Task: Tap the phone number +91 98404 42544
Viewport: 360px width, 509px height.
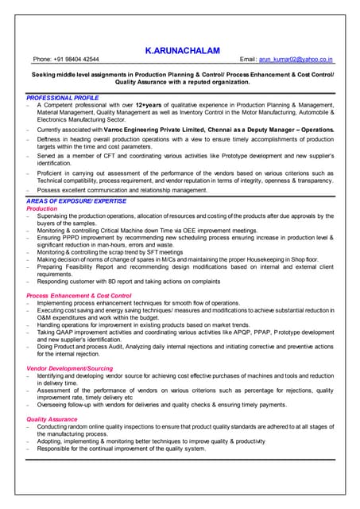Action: pyautogui.click(x=76, y=60)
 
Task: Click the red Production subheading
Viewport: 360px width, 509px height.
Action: pyautogui.click(x=42, y=208)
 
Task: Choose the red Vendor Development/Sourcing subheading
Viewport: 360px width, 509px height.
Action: pyautogui.click(x=70, y=369)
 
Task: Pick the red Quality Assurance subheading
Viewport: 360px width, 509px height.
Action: pyautogui.click(x=52, y=419)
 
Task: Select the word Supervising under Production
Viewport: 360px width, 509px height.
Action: pyautogui.click(x=54, y=216)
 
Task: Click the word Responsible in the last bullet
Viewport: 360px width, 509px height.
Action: pyautogui.click(x=55, y=449)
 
